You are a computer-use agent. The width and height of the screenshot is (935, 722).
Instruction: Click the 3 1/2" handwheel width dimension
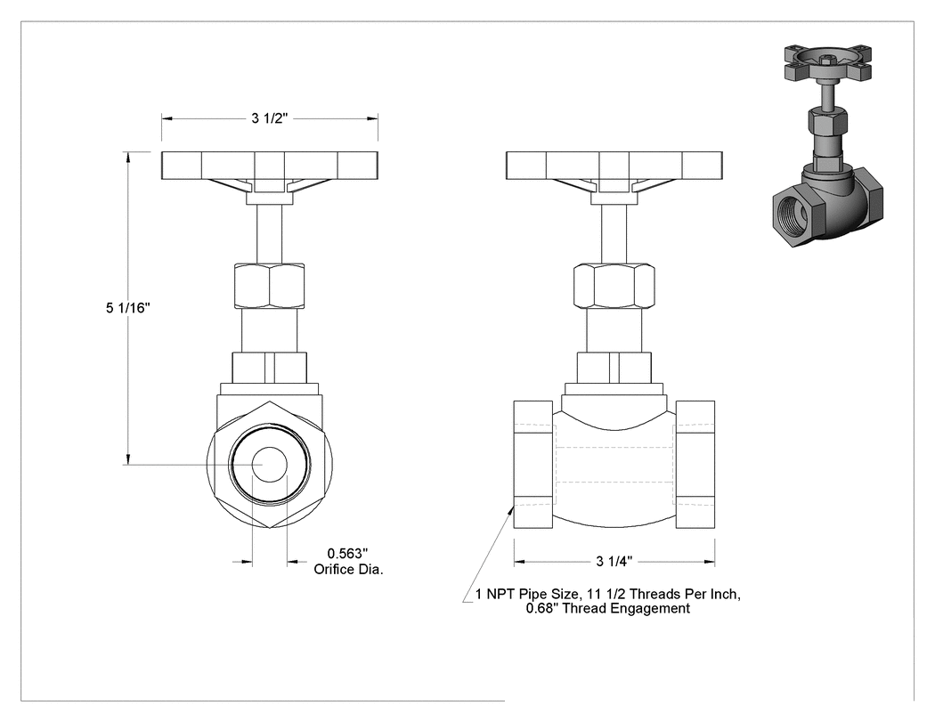pyautogui.click(x=270, y=118)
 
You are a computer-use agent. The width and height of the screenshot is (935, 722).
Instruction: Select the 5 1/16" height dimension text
pyautogui.click(x=128, y=308)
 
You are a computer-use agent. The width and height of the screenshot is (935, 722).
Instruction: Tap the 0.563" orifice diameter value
pyautogui.click(x=347, y=555)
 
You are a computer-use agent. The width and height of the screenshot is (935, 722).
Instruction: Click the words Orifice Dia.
pyautogui.click(x=349, y=570)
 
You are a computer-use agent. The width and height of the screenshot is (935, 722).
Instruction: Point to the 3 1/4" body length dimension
pyautogui.click(x=614, y=561)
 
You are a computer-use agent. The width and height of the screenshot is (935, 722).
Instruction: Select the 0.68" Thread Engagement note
pyautogui.click(x=607, y=609)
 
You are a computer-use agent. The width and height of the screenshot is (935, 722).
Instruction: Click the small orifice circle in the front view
pyautogui.click(x=270, y=464)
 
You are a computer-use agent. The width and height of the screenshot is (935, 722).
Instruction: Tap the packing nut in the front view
pyautogui.click(x=270, y=286)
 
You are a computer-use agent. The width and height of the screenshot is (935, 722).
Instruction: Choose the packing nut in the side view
pyautogui.click(x=614, y=286)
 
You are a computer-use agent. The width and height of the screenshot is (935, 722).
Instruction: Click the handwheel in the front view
pyautogui.click(x=270, y=166)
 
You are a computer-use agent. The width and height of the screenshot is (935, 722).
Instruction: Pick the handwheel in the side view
pyautogui.click(x=614, y=166)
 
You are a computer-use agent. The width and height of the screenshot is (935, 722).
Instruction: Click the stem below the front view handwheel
pyautogui.click(x=270, y=234)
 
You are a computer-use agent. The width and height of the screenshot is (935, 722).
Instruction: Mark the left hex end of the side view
pyautogui.click(x=533, y=464)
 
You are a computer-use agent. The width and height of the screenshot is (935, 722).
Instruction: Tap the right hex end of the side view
pyautogui.click(x=695, y=464)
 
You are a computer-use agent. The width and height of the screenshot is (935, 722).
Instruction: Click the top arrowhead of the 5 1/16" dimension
pyautogui.click(x=127, y=157)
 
